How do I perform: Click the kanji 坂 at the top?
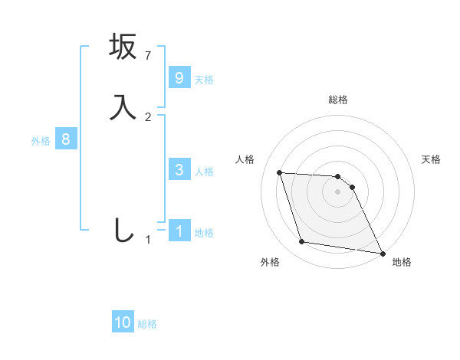123,47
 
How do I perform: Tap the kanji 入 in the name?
123,106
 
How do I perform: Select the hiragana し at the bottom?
123,230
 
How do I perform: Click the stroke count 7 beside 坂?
149,56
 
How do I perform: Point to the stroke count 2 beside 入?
149,116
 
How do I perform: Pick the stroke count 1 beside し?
149,240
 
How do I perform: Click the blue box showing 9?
179,77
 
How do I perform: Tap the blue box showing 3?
179,170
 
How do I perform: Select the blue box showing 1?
179,231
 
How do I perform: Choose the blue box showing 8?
66,139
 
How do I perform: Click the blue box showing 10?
123,322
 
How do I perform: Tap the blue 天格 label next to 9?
204,79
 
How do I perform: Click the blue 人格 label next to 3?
204,172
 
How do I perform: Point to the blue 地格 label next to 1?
204,233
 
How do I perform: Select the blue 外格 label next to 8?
41,141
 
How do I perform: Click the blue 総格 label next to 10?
147,324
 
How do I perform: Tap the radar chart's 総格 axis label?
338,100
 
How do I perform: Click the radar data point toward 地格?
381,252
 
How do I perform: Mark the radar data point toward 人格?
280,172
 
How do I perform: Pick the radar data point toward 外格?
302,242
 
